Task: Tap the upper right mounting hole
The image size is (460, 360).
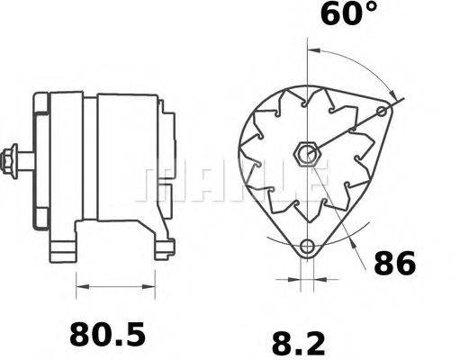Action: pos(383,112)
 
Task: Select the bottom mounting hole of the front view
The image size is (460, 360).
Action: pos(309,247)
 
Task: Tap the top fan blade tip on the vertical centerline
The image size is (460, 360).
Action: pos(309,89)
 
